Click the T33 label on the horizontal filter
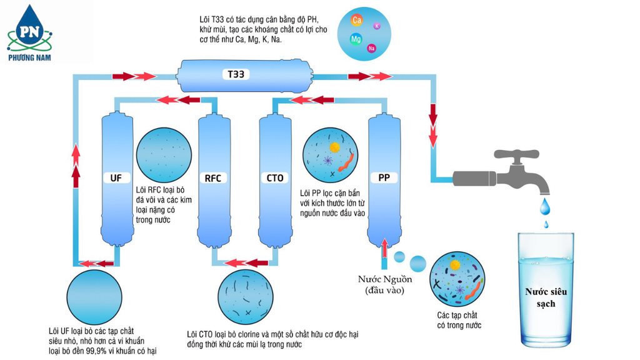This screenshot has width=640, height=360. click(236, 75)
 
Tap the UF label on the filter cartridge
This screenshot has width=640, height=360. click(116, 178)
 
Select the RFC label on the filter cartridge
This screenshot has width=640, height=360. click(212, 178)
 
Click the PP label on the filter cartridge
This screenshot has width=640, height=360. click(384, 178)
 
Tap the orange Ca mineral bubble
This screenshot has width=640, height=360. click(357, 20)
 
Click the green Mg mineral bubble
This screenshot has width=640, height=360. click(356, 39)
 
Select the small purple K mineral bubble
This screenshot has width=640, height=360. click(377, 26)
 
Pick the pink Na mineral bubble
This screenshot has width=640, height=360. click(372, 48)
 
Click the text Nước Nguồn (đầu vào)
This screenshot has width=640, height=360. click(386, 284)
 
